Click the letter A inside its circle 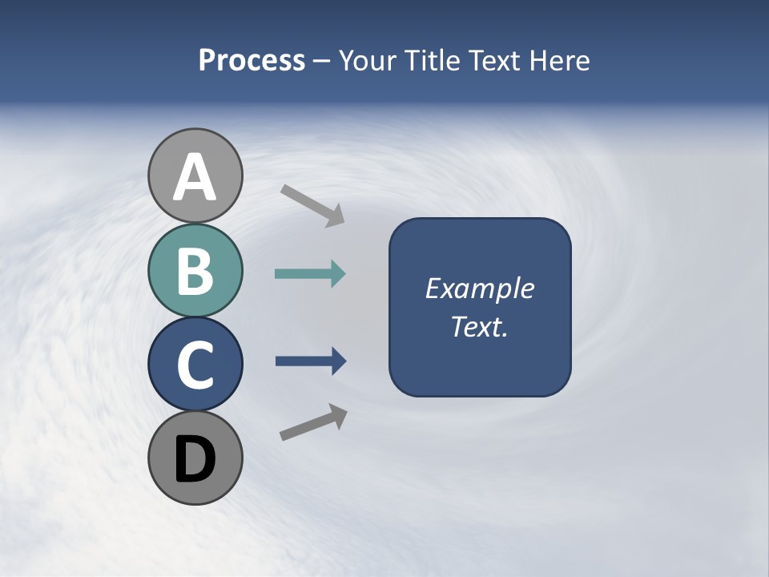195,178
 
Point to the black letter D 195,459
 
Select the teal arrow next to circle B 309,274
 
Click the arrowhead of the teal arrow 337,274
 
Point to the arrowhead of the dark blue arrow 338,361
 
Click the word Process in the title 252,60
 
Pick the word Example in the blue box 479,288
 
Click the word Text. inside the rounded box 479,326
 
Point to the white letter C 195,365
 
